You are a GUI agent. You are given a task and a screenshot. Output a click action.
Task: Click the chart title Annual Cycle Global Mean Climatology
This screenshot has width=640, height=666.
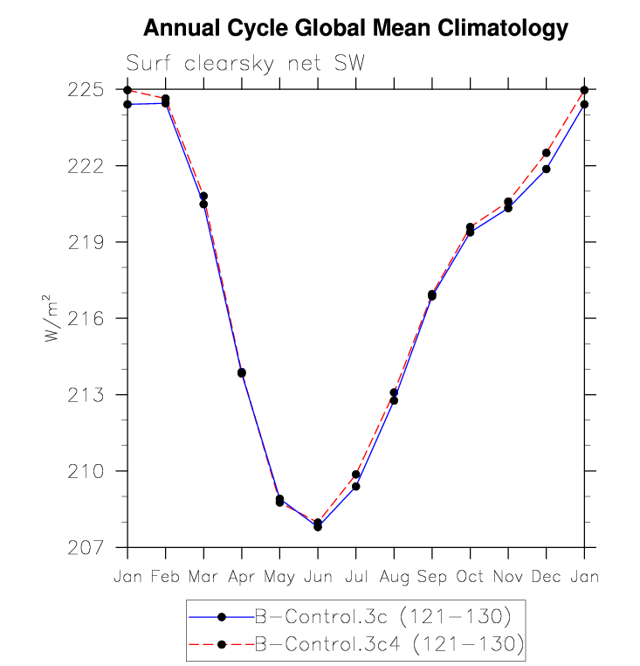355,29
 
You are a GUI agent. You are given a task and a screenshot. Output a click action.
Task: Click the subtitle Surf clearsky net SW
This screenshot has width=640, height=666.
245,63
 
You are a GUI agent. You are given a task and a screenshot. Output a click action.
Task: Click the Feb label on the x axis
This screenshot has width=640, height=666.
165,578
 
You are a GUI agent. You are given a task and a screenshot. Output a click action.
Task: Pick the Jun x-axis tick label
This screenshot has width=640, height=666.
318,578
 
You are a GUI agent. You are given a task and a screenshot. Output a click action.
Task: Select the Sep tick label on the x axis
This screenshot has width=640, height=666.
432,578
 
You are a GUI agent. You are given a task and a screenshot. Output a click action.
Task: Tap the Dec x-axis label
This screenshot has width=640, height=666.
546,578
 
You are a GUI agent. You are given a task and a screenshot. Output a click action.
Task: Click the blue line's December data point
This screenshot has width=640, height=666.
547,169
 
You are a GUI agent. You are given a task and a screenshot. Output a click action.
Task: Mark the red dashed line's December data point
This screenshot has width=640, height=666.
547,153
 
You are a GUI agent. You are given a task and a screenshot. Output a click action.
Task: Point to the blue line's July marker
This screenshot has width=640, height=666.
356,486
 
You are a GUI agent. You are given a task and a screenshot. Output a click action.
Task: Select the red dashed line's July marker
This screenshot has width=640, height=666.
356,475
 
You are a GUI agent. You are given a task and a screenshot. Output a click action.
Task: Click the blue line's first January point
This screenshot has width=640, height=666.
127,104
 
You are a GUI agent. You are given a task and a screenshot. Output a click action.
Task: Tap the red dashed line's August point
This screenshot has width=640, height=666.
394,392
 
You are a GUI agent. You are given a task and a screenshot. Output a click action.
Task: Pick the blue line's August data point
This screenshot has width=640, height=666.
394,400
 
